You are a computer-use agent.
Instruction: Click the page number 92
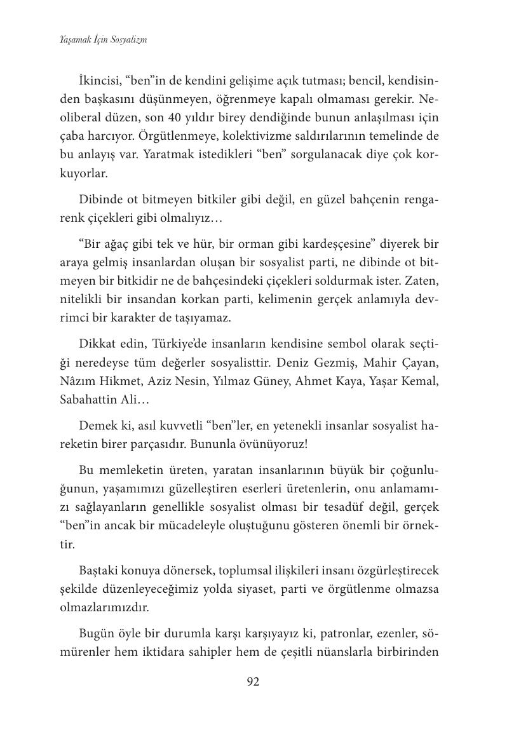[x=253, y=682]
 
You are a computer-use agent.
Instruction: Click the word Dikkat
[x=98, y=344]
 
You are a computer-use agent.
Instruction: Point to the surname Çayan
[x=420, y=362]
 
